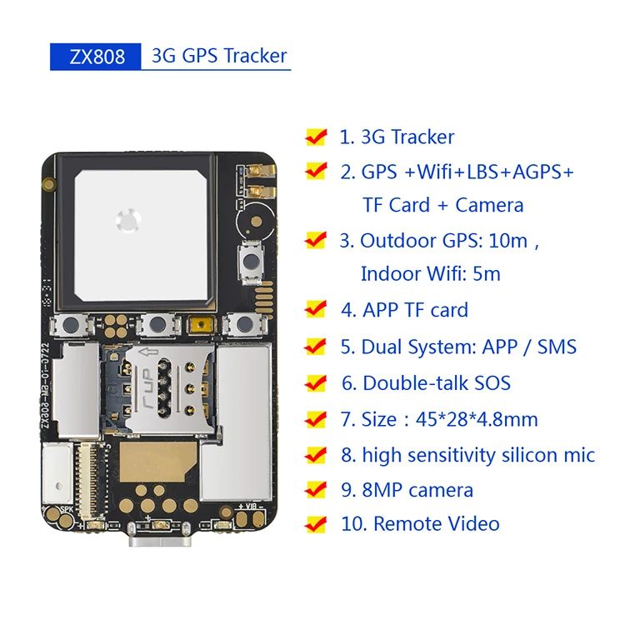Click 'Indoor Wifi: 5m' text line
[430, 273]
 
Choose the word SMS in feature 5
[556, 346]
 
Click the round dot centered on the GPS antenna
[127, 221]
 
